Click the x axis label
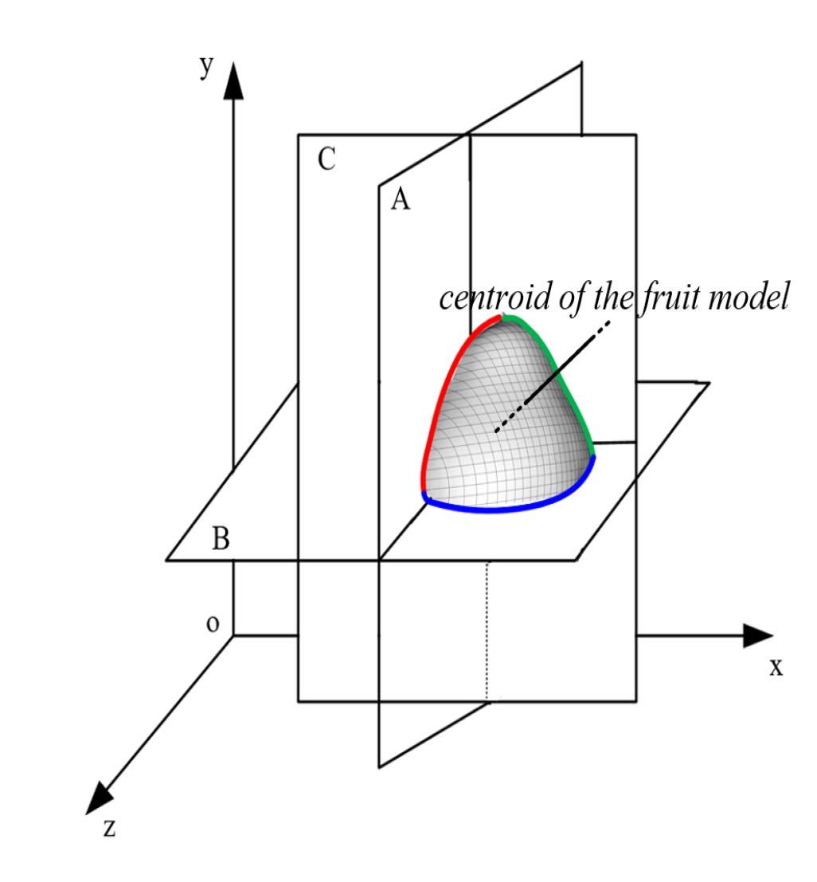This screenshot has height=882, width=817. pos(776,667)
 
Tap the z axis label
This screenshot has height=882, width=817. pos(109,828)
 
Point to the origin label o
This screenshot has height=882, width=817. pos(213,623)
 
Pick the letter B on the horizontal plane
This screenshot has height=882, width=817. pos(221,539)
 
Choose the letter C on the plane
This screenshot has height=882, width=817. pos(326,159)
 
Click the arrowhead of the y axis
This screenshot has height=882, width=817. pos(233,80)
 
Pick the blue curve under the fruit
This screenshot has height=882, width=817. pos(510,505)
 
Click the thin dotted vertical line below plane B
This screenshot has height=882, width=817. pos(487,629)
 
